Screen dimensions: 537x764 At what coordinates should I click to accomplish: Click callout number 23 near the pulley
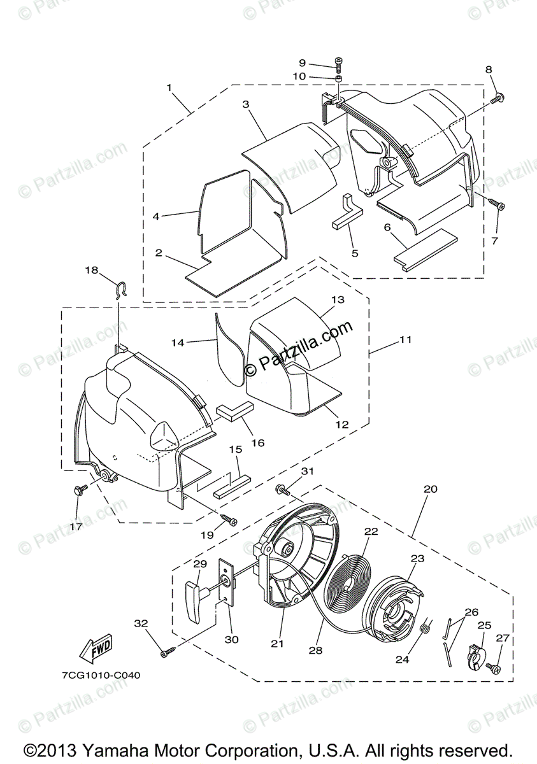[417, 558]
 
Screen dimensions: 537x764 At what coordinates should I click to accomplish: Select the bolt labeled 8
[499, 97]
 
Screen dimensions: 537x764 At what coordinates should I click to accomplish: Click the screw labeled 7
[498, 205]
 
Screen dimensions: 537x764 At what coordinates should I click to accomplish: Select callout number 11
[406, 340]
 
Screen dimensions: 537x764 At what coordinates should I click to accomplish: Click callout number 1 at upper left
[169, 87]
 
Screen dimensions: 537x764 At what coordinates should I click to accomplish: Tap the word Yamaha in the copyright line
[108, 749]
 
